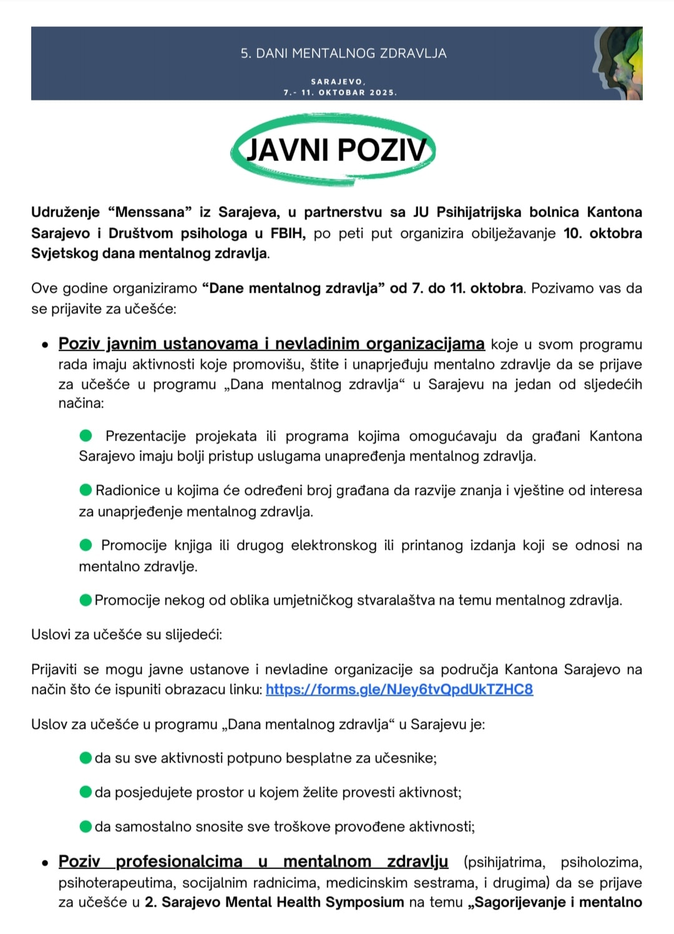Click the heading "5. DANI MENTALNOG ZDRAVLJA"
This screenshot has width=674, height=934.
tap(343, 54)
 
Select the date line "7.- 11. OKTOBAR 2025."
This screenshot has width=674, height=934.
tap(340, 92)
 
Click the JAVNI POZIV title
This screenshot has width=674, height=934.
tap(336, 150)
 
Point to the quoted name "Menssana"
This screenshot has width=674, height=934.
tap(150, 212)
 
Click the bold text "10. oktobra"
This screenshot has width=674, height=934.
tap(602, 233)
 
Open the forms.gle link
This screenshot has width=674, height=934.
tap(399, 689)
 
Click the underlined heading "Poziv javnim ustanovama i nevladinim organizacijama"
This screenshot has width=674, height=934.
tap(271, 344)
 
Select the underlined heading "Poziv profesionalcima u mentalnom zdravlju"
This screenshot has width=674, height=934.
tap(253, 862)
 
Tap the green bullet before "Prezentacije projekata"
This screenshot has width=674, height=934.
tap(86, 435)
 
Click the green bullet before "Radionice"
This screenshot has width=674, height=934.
tap(86, 490)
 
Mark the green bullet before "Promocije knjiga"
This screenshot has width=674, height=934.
tap(86, 545)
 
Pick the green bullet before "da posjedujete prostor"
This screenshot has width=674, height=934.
tap(86, 792)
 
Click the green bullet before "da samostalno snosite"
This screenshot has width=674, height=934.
tap(86, 827)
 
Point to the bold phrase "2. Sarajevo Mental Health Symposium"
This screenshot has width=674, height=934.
tap(274, 902)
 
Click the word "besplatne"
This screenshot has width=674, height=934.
tap(319, 759)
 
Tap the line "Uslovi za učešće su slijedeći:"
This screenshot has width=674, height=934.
tap(127, 635)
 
